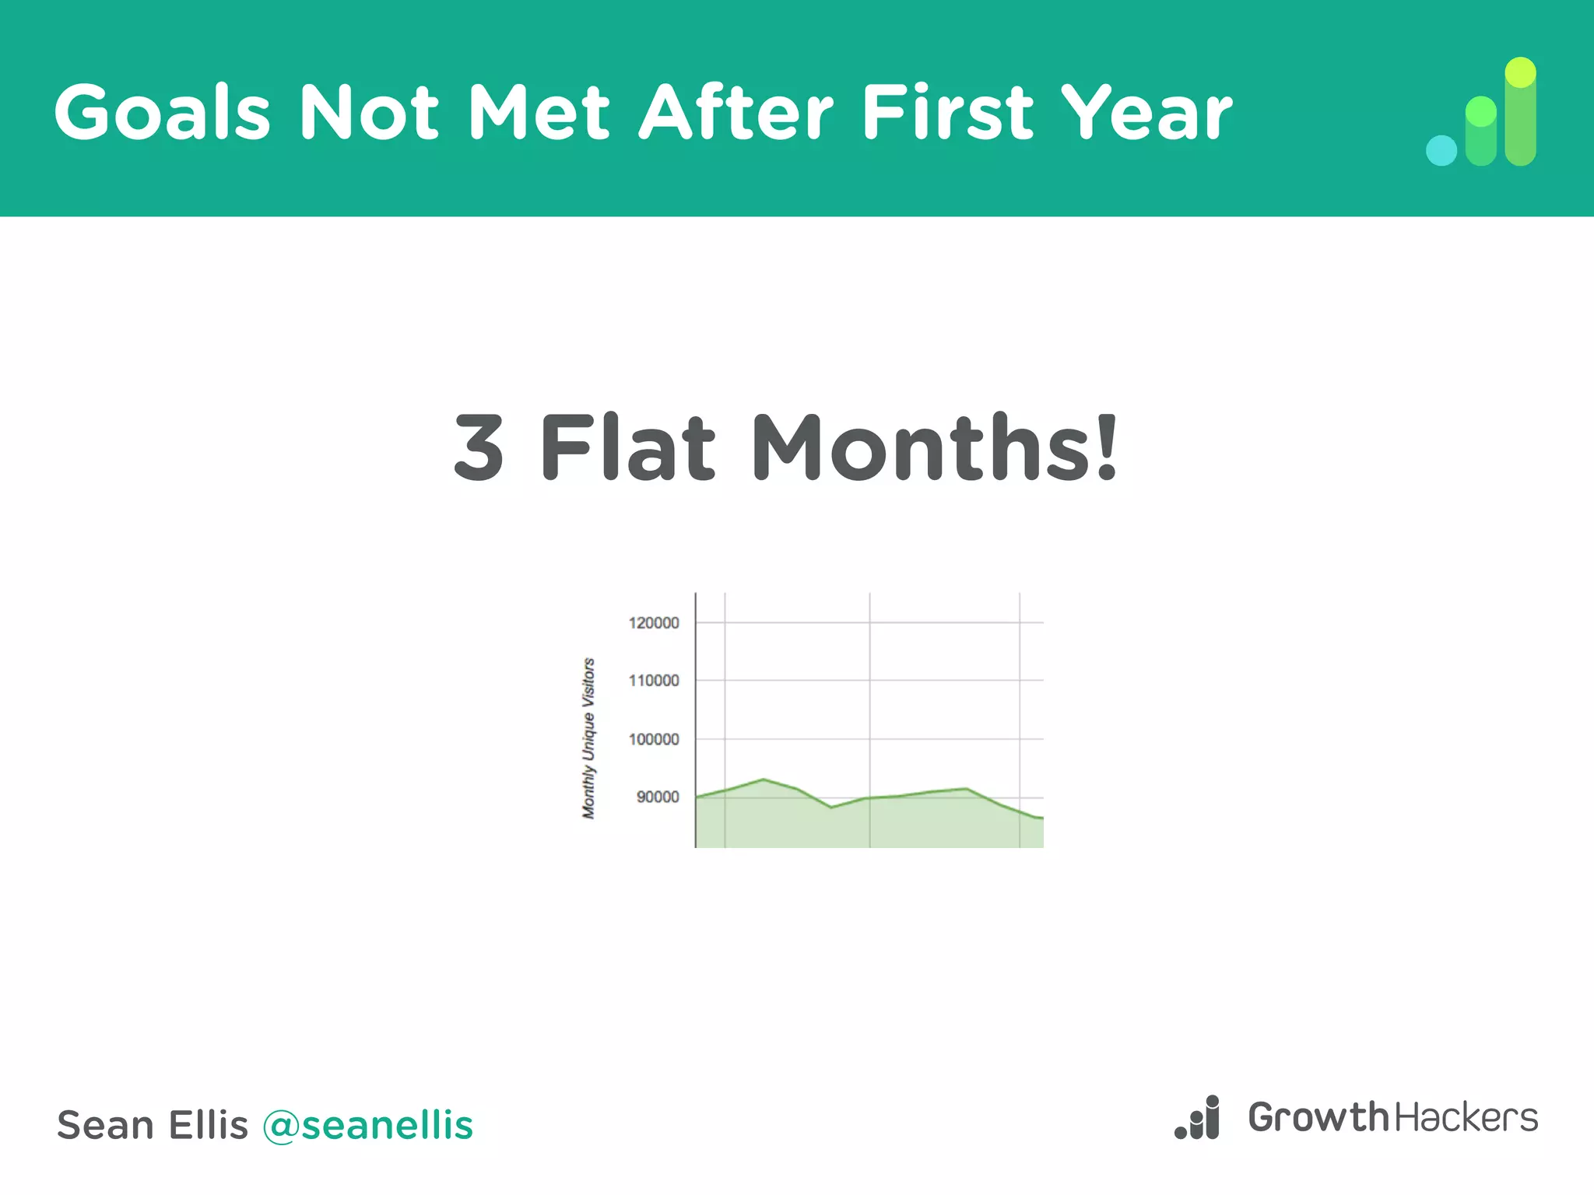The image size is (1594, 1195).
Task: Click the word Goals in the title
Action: pos(162,113)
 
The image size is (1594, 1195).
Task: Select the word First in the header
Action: pos(947,113)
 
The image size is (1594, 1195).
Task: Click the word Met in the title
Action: pos(539,113)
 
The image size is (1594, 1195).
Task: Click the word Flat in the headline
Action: pos(627,447)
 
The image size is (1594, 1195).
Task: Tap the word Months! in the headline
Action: pos(935,447)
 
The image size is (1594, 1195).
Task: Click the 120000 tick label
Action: pos(654,622)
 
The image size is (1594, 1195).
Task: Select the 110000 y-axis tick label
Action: pos(654,681)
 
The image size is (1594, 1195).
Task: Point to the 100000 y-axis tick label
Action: pos(654,739)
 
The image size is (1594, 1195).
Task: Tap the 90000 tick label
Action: pos(658,797)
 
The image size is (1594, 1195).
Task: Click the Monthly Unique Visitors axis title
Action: pos(588,738)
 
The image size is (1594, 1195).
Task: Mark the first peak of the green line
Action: pos(764,779)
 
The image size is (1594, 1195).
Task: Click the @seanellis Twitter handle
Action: pos(367,1125)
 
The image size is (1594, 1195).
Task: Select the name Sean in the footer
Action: pos(105,1125)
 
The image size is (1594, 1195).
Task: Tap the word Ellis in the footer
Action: pos(208,1125)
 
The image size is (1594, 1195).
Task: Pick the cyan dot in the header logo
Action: pos(1441,151)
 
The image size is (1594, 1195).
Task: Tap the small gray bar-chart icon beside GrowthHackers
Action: pos(1198,1118)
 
